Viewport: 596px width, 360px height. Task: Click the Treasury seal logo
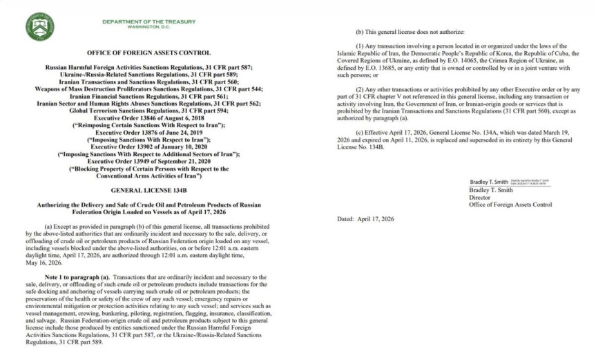tap(39, 26)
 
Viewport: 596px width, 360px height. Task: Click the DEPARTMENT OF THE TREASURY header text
tap(148, 21)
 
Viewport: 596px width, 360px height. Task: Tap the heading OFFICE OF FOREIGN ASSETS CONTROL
tap(149, 53)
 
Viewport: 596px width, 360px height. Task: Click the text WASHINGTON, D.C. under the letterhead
tap(148, 27)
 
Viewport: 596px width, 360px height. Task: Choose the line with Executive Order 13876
tap(149, 133)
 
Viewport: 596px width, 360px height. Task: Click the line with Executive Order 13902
tap(149, 147)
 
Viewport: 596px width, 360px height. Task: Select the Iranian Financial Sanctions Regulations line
tap(149, 96)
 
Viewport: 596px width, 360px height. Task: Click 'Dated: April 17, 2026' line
tap(366, 218)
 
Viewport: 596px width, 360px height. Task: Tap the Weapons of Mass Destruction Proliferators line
tap(149, 89)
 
